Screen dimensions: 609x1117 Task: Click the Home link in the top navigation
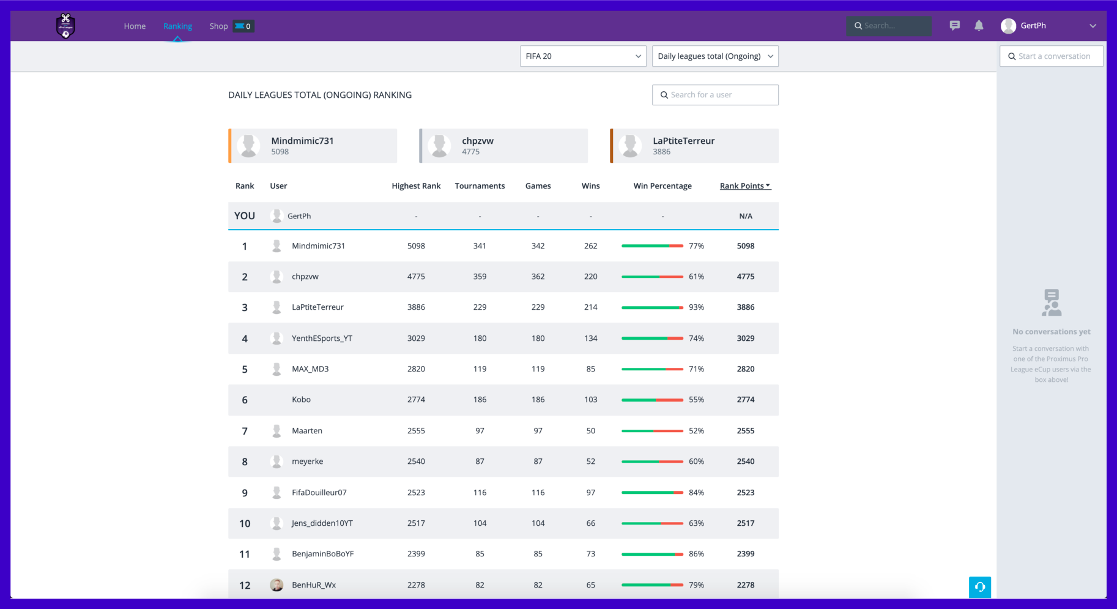(135, 26)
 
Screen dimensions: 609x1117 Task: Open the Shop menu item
(218, 26)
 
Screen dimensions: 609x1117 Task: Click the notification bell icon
(979, 26)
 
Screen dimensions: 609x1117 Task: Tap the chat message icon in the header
(954, 26)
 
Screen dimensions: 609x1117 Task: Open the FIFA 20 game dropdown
(582, 56)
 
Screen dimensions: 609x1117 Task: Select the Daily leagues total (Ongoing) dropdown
(714, 56)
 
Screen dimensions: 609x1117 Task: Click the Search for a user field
(715, 95)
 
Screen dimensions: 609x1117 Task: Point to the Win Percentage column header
(662, 186)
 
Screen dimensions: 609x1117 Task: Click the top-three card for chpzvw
(503, 146)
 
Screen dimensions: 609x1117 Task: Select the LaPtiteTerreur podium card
(694, 146)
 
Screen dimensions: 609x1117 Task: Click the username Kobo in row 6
(301, 400)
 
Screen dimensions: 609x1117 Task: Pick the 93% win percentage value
(696, 307)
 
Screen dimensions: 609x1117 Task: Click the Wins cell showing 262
(590, 246)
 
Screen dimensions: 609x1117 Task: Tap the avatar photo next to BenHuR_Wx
(276, 585)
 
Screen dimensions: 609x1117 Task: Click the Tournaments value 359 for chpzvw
(480, 277)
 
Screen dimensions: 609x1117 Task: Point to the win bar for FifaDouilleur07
(652, 493)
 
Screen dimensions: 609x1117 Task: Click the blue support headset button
(979, 587)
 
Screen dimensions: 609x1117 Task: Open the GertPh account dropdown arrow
(1093, 26)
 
